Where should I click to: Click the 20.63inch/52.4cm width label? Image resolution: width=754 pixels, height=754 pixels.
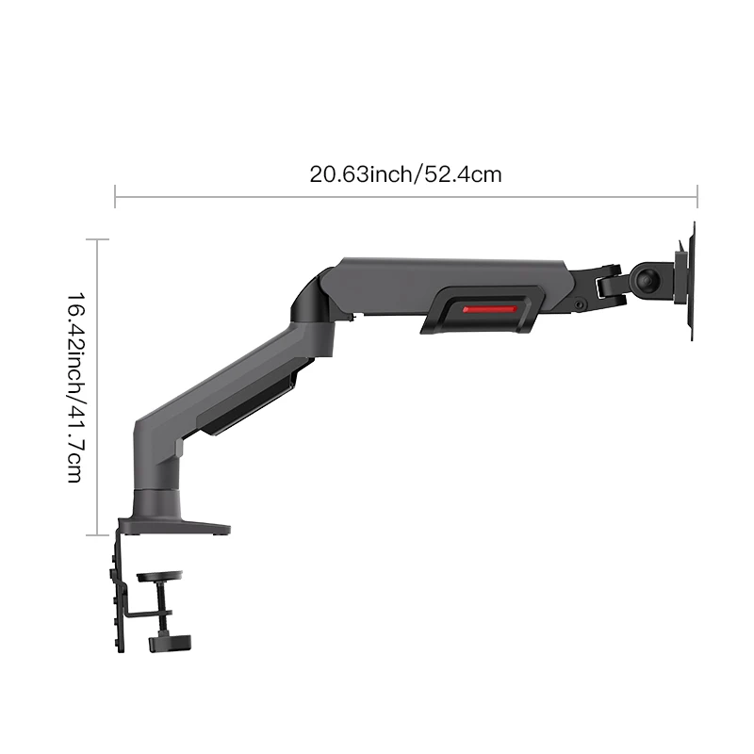405,174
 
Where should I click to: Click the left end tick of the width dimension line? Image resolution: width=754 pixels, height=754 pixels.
115,196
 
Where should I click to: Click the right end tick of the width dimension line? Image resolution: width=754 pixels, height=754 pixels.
697,196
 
